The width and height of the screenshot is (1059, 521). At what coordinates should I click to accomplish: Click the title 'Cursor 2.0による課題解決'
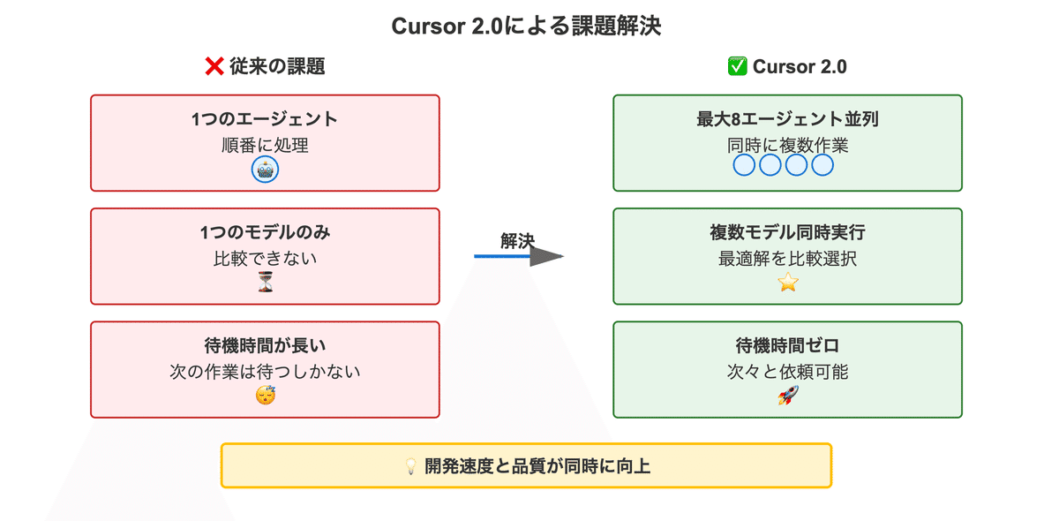pos(526,26)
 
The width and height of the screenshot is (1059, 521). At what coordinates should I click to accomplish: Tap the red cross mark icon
pos(214,66)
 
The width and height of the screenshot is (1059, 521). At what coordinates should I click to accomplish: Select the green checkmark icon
pos(737,66)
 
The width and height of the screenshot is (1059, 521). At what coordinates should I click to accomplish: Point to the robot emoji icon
pos(265,170)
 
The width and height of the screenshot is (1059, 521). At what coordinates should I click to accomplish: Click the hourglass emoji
pos(265,283)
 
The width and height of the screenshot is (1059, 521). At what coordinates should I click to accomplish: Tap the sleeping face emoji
pos(265,396)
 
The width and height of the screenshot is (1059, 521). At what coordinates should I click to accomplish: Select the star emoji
pos(787,283)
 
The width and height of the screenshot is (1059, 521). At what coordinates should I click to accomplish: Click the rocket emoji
pos(787,396)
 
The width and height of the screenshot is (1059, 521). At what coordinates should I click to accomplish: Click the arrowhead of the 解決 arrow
pos(547,256)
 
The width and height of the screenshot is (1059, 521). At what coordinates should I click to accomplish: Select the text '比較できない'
pos(265,259)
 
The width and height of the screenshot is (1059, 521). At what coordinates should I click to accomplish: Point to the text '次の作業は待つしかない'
pos(265,372)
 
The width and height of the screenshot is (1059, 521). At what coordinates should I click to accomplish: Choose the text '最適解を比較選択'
pos(787,259)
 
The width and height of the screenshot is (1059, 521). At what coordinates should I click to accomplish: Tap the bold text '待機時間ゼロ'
pos(787,346)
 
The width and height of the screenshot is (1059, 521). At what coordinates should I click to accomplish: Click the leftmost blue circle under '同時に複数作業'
pos(745,165)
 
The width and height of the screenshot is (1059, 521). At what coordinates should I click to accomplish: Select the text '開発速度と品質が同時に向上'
pos(537,466)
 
